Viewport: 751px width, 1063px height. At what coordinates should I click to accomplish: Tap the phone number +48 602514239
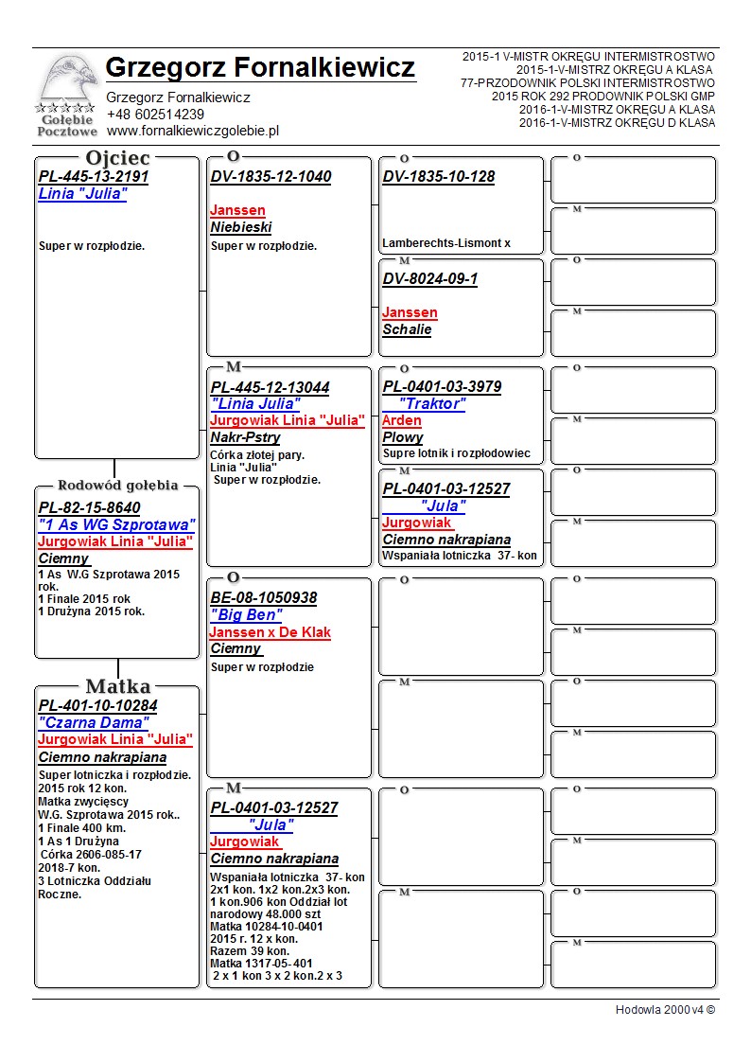(155, 114)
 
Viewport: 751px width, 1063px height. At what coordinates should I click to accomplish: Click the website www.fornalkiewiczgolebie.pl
(192, 131)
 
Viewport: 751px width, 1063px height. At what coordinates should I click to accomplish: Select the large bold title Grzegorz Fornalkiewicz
(260, 68)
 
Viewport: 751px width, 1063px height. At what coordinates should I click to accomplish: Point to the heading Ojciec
(117, 157)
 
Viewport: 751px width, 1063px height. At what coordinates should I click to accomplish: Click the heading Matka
(117, 686)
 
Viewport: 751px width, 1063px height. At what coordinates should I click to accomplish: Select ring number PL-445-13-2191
(94, 176)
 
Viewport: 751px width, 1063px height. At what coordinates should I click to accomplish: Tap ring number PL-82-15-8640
(89, 507)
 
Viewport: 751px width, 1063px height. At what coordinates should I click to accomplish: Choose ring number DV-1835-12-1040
(271, 176)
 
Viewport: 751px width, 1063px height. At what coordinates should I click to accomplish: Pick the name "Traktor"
(432, 404)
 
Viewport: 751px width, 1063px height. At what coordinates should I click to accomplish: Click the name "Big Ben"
(246, 615)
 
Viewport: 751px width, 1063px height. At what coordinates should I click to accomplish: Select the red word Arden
(402, 420)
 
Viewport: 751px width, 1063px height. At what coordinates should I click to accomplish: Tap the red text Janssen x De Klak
(271, 632)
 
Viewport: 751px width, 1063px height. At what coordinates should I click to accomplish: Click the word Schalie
(407, 329)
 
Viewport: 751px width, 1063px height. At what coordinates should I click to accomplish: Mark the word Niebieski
(241, 227)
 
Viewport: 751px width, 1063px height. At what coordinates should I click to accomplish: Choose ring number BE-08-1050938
(264, 598)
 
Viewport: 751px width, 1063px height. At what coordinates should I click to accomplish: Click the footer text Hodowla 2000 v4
(665, 1009)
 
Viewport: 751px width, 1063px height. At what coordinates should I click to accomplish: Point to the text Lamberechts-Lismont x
(446, 243)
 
